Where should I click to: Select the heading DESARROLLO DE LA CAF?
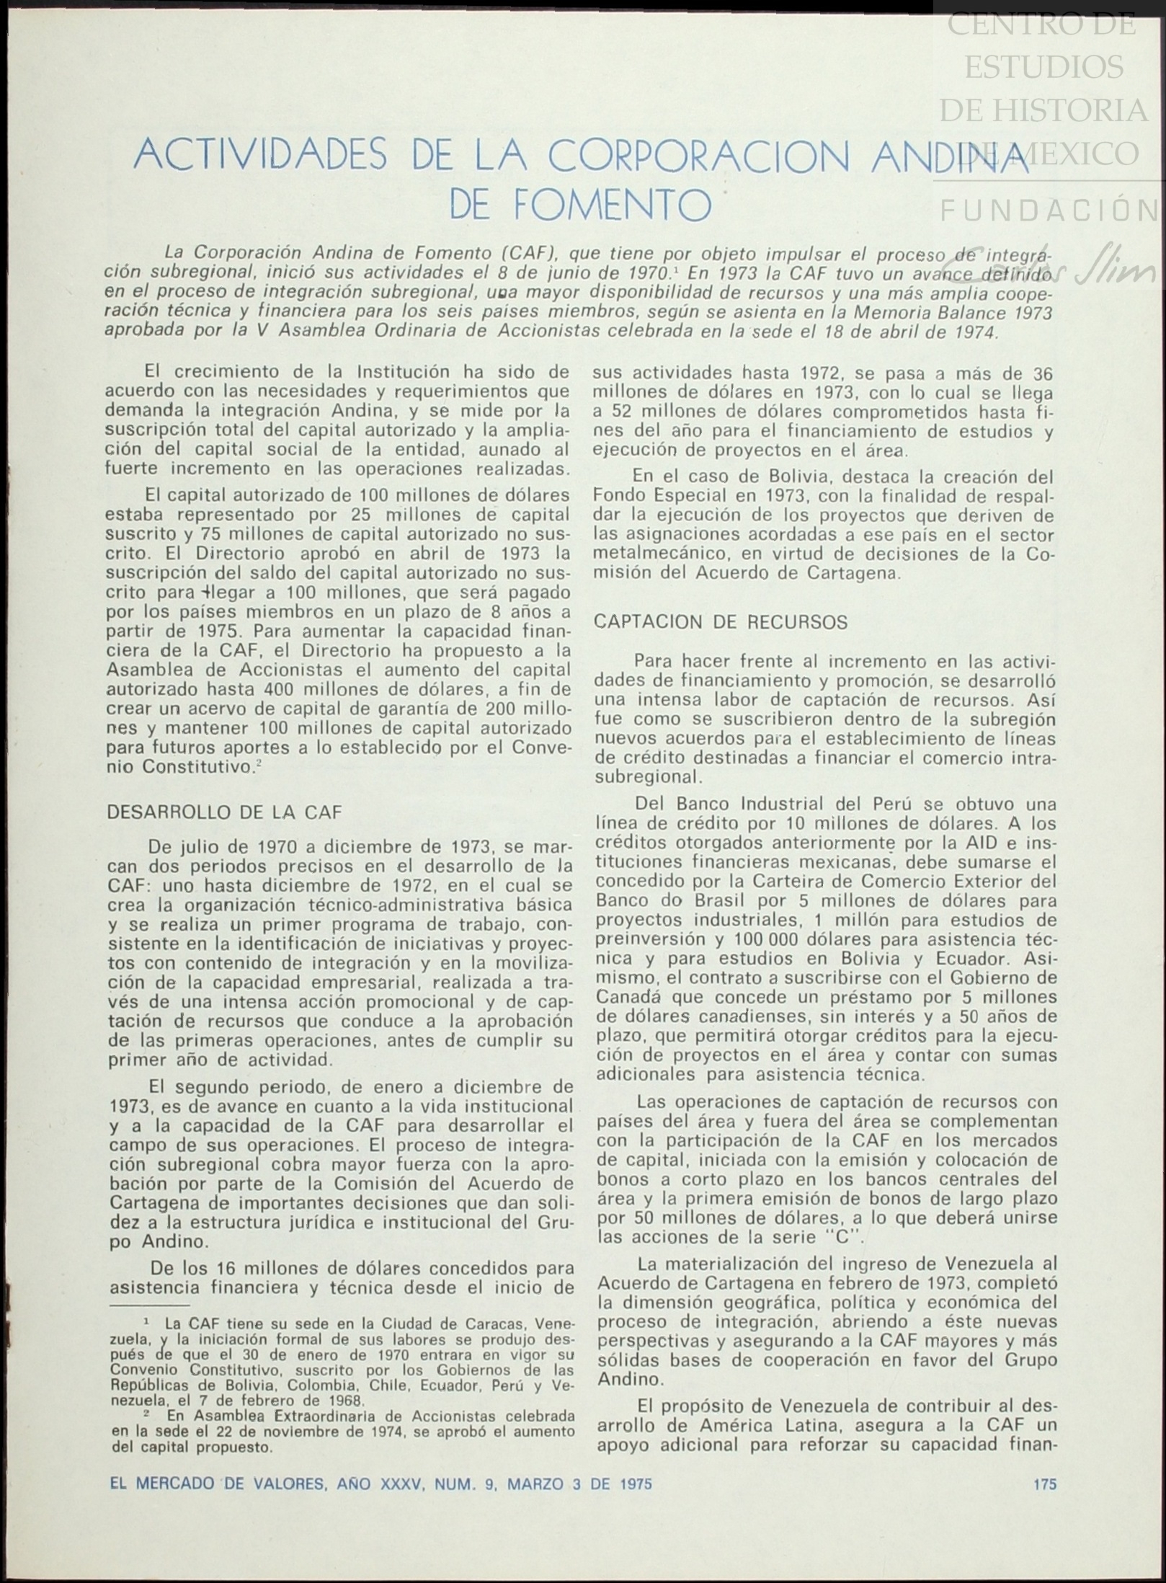(x=224, y=812)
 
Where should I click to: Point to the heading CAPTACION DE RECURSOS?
(x=720, y=622)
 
